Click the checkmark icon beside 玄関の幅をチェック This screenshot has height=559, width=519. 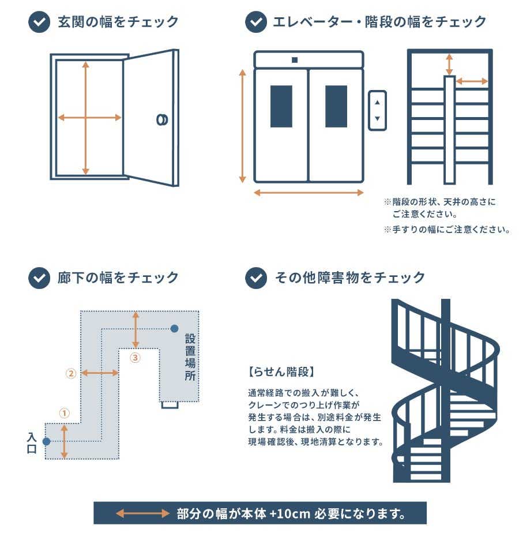coord(39,22)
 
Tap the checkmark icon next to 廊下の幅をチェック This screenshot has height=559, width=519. coord(39,277)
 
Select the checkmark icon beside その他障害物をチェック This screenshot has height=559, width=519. coord(256,277)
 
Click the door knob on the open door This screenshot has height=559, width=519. coord(162,120)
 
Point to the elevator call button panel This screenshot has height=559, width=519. coord(377,111)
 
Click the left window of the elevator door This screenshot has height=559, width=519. coord(281,106)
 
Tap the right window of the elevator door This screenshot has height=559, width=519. coord(336,106)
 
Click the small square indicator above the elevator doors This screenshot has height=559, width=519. coord(295,60)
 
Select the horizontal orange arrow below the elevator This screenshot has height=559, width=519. coord(309,193)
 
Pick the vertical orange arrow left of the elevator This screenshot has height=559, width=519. coord(242,126)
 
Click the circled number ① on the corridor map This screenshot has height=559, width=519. coord(64,413)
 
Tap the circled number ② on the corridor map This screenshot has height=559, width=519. coord(71,373)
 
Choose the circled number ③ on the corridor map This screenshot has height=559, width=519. coord(135,358)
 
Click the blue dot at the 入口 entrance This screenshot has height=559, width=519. coord(46,441)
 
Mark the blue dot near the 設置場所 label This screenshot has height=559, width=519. coord(174,328)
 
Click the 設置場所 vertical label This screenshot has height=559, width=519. coord(190,357)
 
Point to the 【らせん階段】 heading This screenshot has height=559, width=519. coord(281,372)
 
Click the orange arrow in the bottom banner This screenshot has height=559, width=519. coord(142,513)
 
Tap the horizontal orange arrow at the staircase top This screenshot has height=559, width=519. coord(472,81)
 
